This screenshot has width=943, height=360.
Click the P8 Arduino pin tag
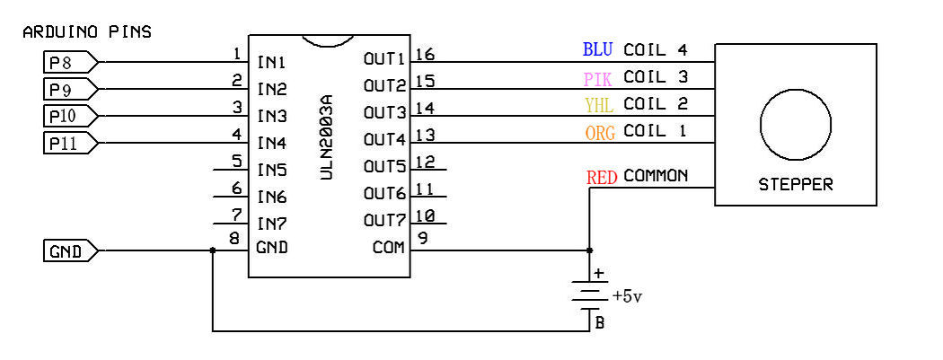70,61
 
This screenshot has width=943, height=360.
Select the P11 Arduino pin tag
70,143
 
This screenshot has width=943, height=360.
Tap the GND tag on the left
70,250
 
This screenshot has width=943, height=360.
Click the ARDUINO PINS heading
87,31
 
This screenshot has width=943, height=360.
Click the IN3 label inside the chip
272,116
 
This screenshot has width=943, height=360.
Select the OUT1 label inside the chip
385,59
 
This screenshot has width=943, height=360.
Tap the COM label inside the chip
389,247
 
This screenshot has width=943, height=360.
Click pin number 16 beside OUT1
425,54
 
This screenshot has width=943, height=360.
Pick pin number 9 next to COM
422,239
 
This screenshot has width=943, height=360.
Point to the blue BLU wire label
598,49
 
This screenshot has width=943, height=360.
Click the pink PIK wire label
598,78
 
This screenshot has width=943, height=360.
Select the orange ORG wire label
600,132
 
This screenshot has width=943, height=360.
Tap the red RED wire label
602,177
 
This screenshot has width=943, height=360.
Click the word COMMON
656,176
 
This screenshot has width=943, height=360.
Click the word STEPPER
796,185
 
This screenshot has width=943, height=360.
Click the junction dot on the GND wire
212,250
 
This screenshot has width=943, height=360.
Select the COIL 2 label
656,104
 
